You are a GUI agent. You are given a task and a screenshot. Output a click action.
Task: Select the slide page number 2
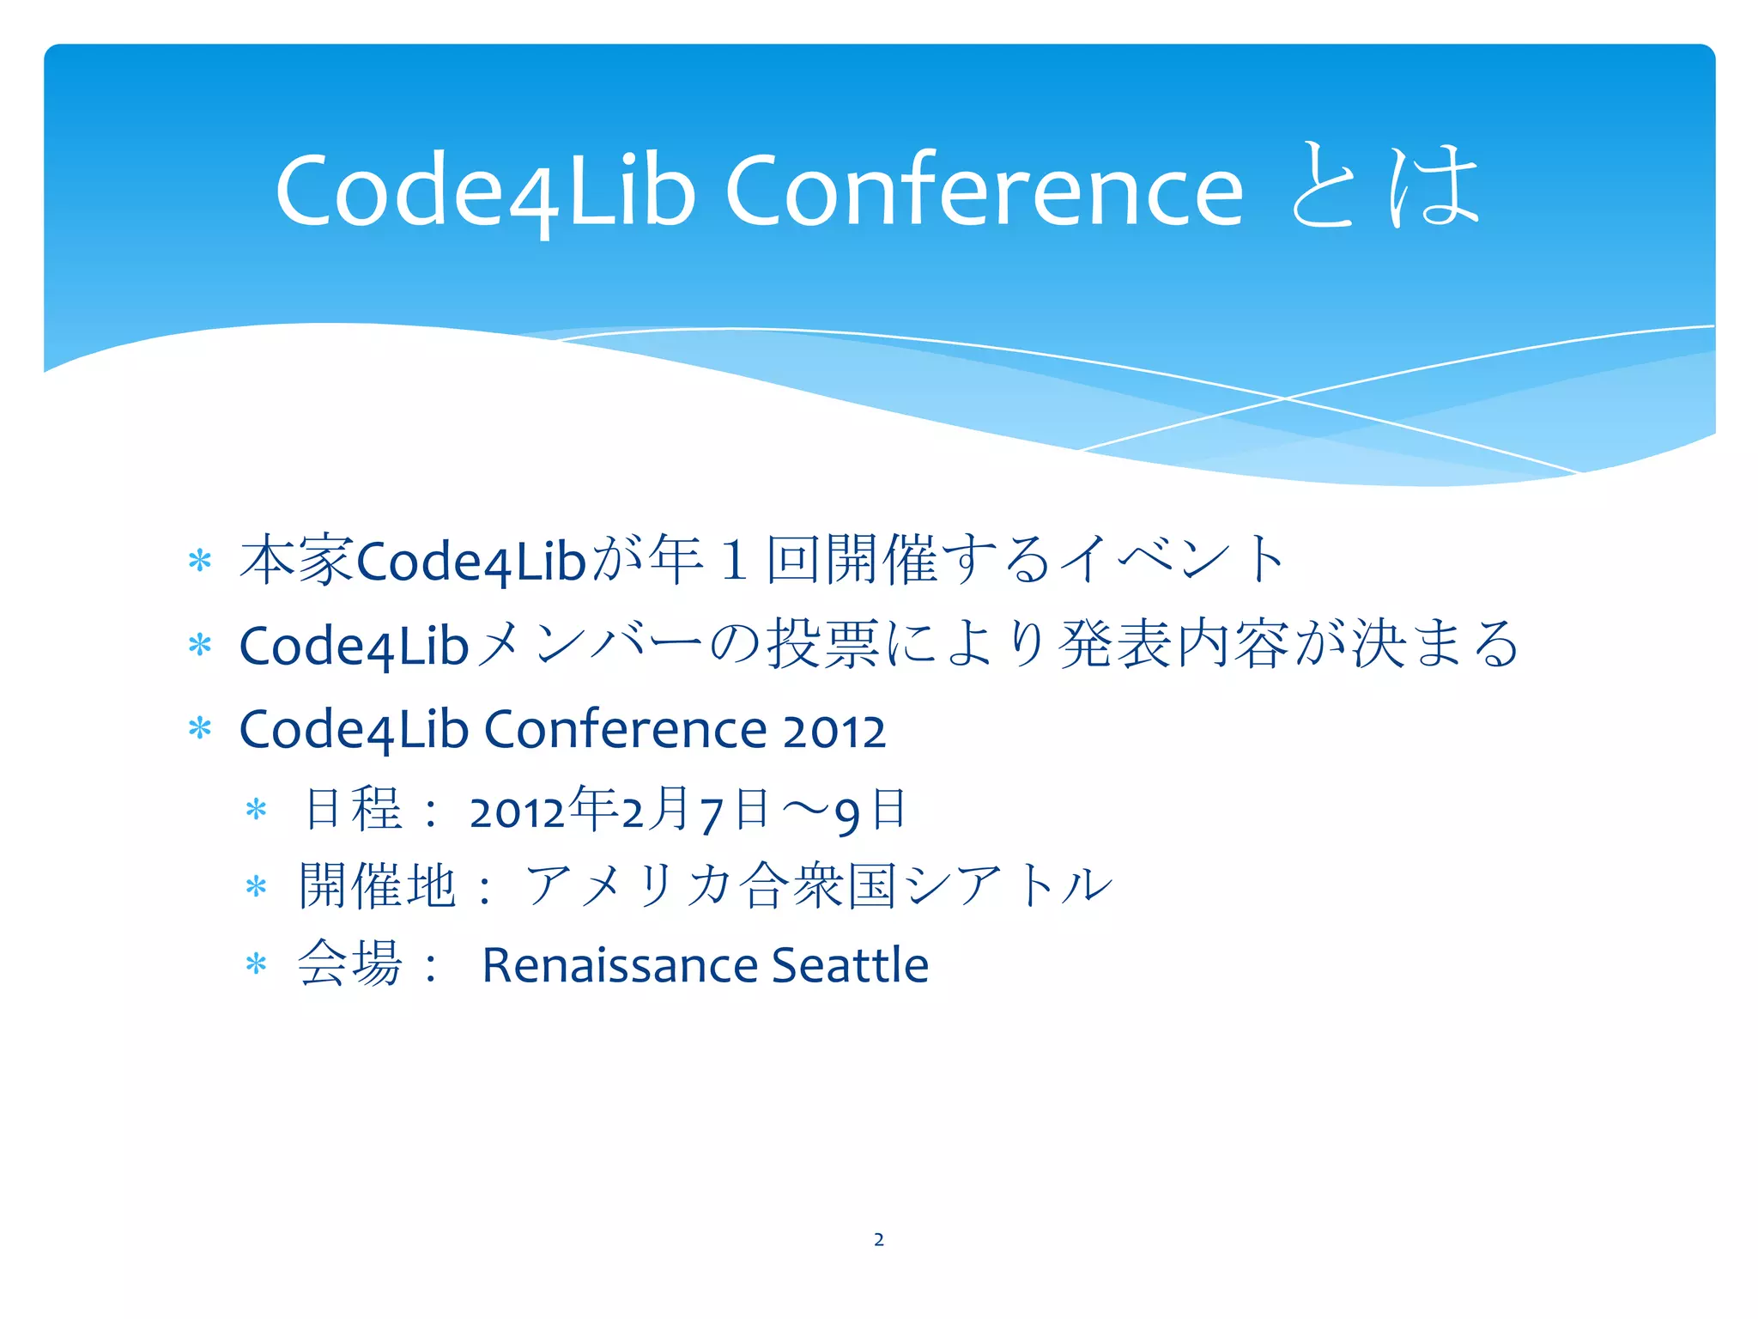(x=879, y=1239)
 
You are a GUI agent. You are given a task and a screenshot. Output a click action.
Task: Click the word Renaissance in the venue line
(x=620, y=964)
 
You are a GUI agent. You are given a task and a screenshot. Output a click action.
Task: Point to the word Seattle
(x=850, y=964)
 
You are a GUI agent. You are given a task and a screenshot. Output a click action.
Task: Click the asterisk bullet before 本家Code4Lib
(x=200, y=562)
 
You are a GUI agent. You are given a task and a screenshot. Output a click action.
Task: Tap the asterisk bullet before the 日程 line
(x=257, y=810)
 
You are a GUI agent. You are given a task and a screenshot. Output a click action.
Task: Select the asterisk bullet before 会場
(x=257, y=964)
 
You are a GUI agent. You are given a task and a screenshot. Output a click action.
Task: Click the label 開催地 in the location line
(x=377, y=885)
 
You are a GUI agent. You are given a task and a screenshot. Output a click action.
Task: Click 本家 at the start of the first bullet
(x=297, y=560)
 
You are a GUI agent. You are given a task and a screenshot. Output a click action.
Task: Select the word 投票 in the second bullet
(x=822, y=644)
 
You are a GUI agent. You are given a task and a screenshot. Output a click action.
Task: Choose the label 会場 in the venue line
(x=349, y=963)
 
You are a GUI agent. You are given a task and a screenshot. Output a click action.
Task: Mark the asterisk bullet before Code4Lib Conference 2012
(x=200, y=729)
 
